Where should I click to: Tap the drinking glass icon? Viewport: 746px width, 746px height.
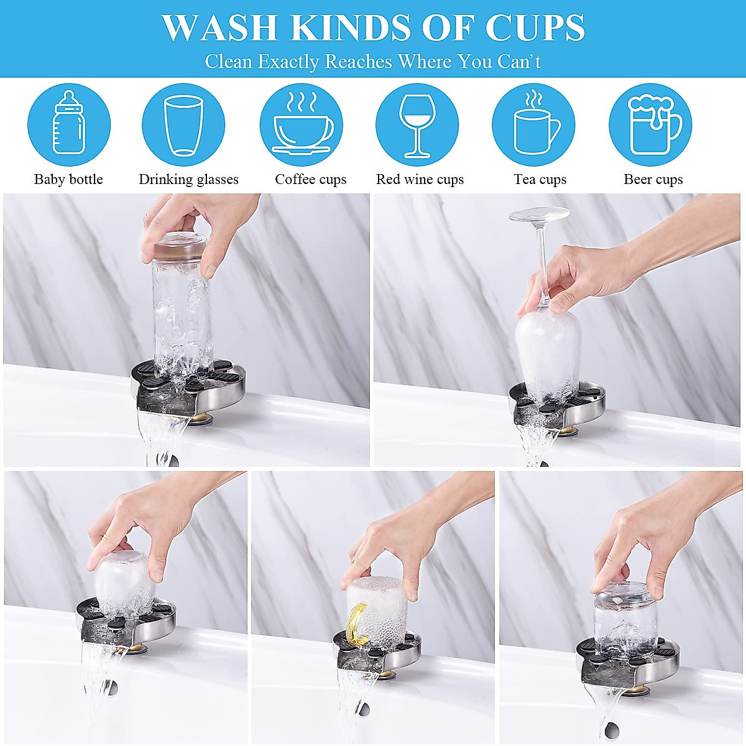point(183,124)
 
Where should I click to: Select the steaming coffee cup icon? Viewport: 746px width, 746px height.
point(302,124)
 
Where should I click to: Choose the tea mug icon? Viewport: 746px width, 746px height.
point(533,124)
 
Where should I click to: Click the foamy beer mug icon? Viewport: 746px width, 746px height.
point(650,124)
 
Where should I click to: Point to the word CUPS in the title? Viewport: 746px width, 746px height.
point(535,28)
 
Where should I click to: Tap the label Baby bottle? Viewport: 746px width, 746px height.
point(68,180)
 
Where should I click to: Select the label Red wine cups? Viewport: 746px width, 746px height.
point(420,180)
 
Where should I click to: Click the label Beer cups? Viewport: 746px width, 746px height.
point(653,180)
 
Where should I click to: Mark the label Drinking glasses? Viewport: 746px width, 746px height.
point(188,180)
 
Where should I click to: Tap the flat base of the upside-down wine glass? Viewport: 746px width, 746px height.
point(539,214)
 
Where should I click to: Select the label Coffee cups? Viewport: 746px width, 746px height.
point(310,180)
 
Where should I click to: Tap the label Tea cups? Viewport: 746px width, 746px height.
point(540,180)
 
